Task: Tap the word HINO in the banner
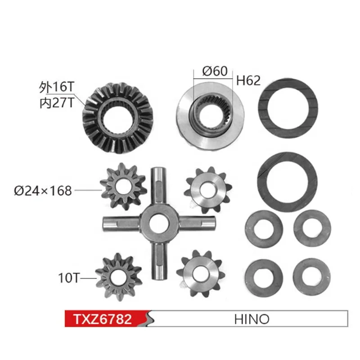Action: tap(252, 319)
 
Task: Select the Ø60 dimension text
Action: tap(215, 71)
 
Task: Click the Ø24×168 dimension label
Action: tap(43, 191)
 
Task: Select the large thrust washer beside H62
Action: tap(287, 108)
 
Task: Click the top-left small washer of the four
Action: tap(265, 227)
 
